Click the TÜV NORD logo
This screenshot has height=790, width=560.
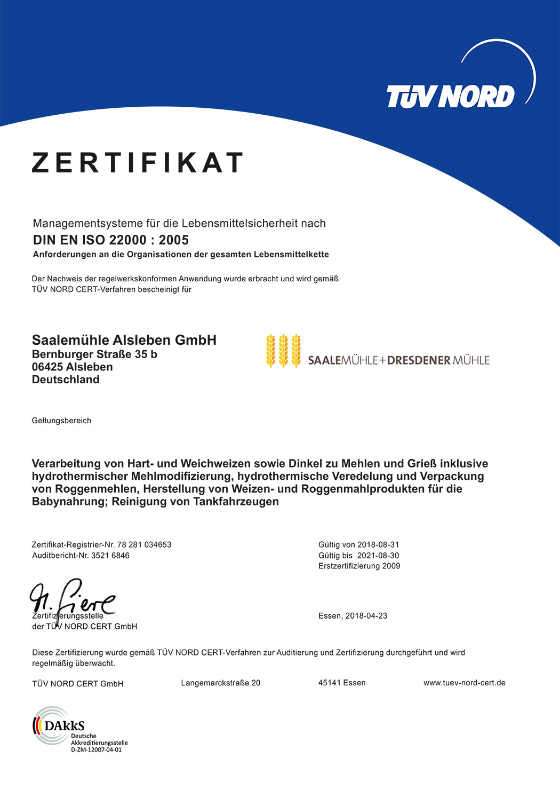coord(451,96)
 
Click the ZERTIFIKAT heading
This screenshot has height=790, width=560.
coord(138,163)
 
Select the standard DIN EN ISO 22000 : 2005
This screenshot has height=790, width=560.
coord(111,240)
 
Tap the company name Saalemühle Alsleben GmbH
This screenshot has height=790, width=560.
coord(124,340)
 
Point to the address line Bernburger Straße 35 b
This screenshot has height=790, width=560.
coord(94,354)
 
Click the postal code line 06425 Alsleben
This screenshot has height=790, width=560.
coord(73,367)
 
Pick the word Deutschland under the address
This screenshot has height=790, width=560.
coord(66,380)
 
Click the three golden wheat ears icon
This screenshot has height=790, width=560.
coord(283,351)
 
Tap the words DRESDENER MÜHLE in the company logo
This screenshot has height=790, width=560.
coord(438,361)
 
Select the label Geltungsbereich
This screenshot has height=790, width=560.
coord(61,421)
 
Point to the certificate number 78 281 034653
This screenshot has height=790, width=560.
coord(144,545)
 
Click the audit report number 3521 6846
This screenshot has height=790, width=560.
coord(110,556)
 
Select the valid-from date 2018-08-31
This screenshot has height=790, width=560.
coord(378,545)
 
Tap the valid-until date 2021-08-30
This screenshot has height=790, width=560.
coord(378,556)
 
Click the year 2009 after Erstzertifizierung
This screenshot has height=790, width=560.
coord(391,566)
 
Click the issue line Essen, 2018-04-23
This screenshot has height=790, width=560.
coord(353,616)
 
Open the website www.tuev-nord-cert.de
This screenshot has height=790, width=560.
coord(464,683)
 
